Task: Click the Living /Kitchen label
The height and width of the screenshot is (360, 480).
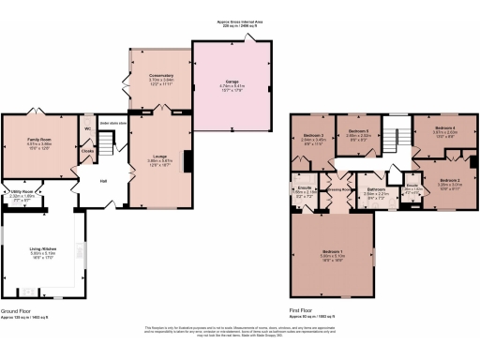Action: [43, 248]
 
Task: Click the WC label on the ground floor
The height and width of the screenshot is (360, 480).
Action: [87, 128]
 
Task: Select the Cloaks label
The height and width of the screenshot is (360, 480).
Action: [87, 150]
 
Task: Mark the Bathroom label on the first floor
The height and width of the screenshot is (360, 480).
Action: [375, 190]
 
